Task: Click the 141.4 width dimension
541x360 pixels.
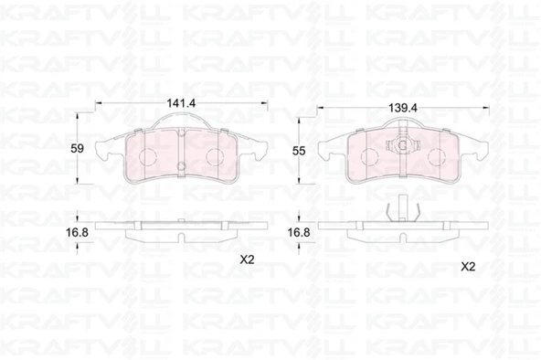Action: click(181, 102)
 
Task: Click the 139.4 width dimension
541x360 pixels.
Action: click(403, 108)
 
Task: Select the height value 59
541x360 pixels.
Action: click(77, 149)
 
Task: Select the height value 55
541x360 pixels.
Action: click(299, 151)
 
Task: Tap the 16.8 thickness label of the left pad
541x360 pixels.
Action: click(77, 232)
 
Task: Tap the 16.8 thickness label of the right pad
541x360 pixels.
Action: click(299, 232)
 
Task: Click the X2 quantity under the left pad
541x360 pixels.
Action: click(247, 259)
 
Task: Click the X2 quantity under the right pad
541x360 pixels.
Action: click(468, 267)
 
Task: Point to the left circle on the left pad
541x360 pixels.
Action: click(148, 157)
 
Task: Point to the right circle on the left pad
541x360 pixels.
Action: click(215, 157)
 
